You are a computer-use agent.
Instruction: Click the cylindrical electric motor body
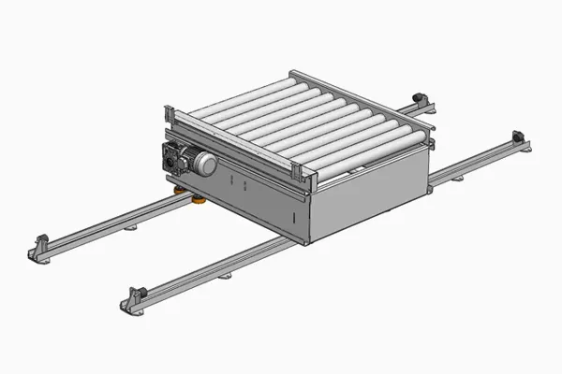tap(198, 164)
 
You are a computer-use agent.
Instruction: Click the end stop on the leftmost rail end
tap(40, 250)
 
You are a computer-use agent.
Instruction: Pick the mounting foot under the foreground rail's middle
tap(224, 275)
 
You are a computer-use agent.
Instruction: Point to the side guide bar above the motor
tap(234, 140)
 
